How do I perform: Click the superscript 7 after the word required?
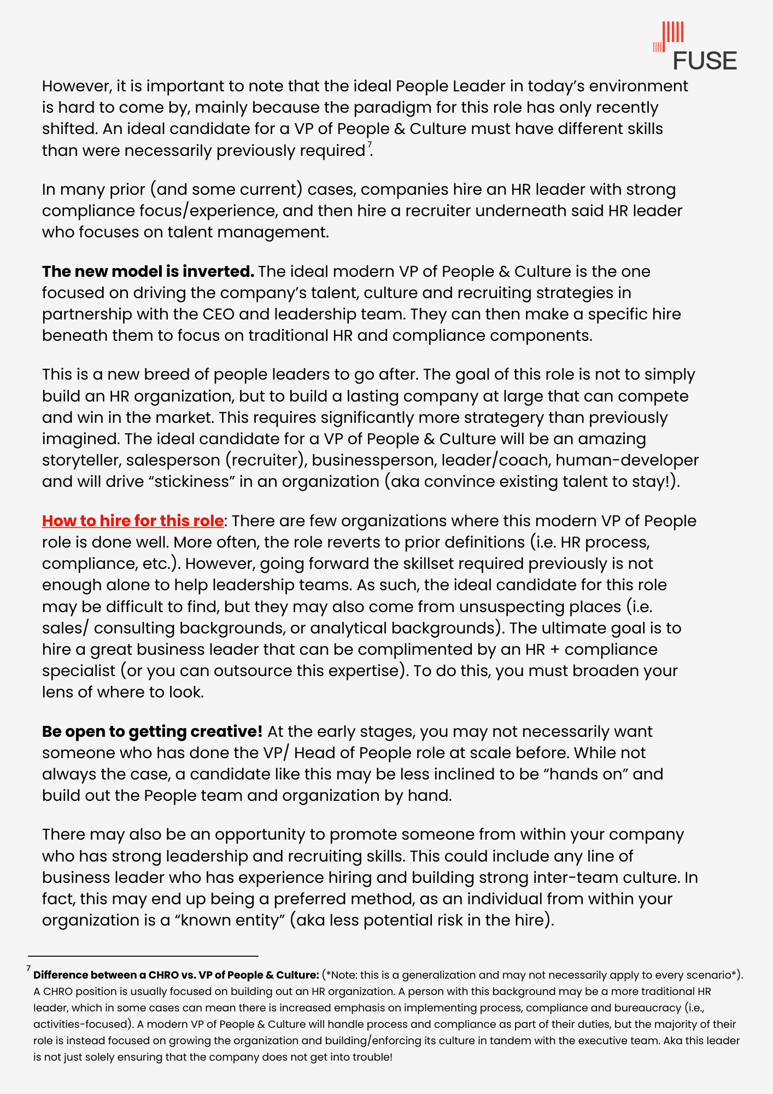click(x=370, y=145)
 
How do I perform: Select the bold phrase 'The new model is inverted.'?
click(x=148, y=271)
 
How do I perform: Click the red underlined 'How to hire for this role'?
click(x=133, y=521)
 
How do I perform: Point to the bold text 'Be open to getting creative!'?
click(x=152, y=731)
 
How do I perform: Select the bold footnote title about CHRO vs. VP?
click(x=176, y=975)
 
